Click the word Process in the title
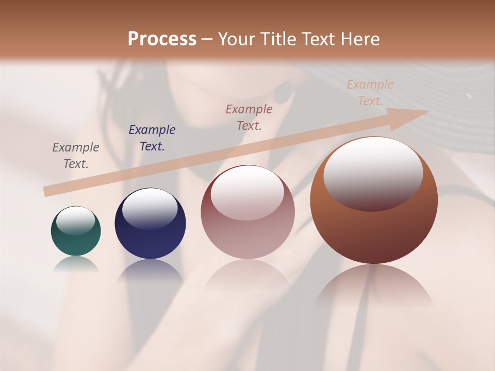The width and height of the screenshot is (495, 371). pos(162,39)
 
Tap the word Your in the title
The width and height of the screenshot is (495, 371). pos(237,39)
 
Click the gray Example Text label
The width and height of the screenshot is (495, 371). pos(76,155)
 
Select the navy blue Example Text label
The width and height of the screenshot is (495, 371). pos(152,138)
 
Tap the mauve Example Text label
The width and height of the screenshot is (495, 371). pos(249,117)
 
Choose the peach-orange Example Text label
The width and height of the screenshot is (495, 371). pos(370,93)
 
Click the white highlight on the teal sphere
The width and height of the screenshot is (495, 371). pos(75,220)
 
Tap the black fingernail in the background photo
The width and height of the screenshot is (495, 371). pos(283,93)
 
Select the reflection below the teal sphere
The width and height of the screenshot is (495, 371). pos(76,264)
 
